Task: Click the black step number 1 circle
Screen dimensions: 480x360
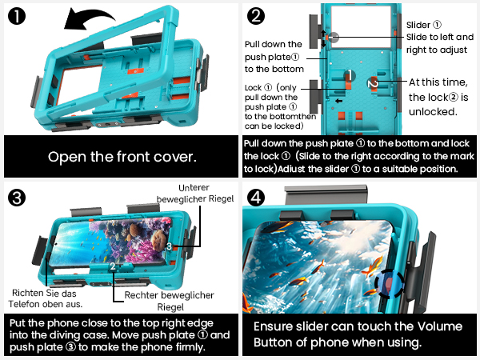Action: [x=17, y=16]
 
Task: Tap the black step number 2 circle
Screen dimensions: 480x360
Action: [x=256, y=16]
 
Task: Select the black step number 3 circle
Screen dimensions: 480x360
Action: [x=17, y=198]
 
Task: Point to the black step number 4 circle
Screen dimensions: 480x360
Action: [x=256, y=198]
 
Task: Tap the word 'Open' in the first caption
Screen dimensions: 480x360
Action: [x=66, y=157]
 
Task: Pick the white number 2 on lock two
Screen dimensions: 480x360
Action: [x=373, y=83]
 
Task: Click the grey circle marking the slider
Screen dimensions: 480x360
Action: [x=334, y=38]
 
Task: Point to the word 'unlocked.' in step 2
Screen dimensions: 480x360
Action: [x=433, y=112]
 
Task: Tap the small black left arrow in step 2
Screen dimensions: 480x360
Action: [x=338, y=101]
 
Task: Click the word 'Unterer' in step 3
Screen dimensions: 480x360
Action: [x=194, y=187]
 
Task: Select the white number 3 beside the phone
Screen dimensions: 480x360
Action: [x=170, y=246]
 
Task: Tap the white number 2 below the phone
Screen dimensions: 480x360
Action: [x=113, y=266]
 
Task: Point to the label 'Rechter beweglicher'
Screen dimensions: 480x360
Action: [x=169, y=295]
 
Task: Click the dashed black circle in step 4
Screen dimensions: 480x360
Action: [x=390, y=284]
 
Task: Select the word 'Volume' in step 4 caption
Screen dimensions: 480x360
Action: [x=440, y=326]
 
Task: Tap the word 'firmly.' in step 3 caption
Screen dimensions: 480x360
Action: [x=190, y=347]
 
